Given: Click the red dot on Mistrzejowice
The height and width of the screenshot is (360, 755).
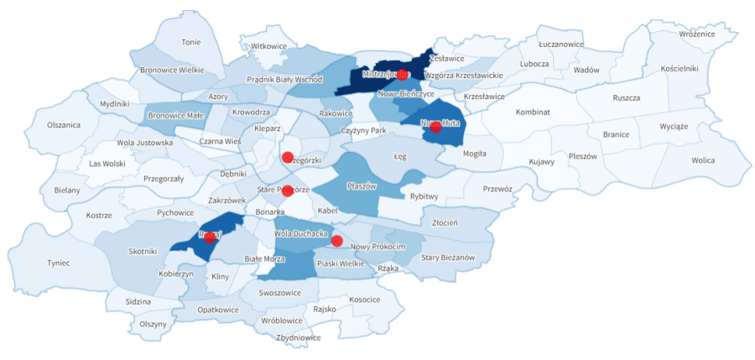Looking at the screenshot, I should point(402,75).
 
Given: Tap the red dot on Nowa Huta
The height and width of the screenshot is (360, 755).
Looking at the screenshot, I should point(435,127).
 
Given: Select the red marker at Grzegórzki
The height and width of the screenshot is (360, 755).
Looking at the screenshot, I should point(287,157).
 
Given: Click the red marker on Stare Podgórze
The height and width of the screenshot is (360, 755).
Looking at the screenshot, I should point(287,190).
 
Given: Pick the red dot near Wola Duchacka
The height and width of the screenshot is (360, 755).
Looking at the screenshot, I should point(336,241).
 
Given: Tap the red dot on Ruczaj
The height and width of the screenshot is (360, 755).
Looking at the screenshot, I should point(210,237).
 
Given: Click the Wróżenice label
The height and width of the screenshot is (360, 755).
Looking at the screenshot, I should point(697,34).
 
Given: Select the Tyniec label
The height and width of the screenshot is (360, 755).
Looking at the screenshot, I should point(59,263).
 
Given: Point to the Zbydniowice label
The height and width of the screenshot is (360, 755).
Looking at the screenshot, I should point(298,337).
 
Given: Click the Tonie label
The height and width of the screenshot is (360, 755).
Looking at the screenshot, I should point(191,42).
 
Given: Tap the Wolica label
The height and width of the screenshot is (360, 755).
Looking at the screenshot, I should point(703,160).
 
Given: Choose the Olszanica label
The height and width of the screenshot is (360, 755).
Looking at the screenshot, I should point(64,125).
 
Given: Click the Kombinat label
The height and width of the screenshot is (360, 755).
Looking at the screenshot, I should point(533,112).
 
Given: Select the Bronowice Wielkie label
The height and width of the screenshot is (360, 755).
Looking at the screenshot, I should point(172,70).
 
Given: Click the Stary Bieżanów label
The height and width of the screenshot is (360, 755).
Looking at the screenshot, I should point(448,258).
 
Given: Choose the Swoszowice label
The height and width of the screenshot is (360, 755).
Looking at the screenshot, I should point(281,294).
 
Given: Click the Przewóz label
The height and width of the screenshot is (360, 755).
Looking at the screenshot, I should point(497,189).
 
